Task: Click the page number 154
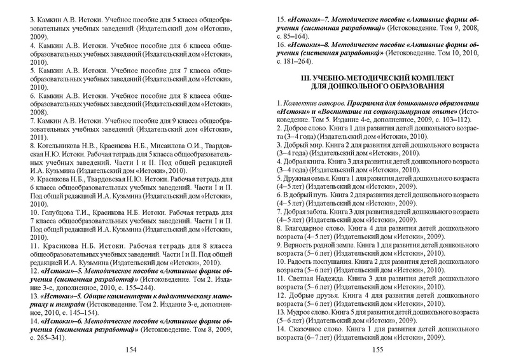click(x=132, y=350)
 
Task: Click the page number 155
click(x=376, y=350)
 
